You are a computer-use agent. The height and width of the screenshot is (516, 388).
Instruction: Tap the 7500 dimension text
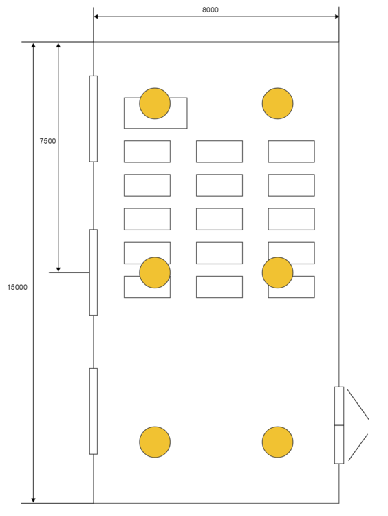pos(47,141)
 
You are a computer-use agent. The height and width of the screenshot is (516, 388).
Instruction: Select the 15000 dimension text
pos(17,287)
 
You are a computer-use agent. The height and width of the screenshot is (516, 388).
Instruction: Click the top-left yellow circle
pos(155,103)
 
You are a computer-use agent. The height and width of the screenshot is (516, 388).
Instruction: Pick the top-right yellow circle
pos(278,103)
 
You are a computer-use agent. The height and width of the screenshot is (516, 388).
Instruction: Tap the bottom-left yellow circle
pos(155,442)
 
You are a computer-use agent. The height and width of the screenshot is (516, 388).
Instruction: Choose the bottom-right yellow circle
pos(278,442)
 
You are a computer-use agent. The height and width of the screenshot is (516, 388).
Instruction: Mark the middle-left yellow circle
pos(155,272)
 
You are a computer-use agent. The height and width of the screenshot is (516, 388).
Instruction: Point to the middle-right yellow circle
pos(278,272)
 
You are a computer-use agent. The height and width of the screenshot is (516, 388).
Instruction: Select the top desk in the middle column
pos(219,151)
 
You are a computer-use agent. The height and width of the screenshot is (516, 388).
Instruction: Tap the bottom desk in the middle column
pos(219,287)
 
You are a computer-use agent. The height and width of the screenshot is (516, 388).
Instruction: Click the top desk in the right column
pos(291,151)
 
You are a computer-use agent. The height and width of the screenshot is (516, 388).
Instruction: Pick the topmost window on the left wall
pos(94,118)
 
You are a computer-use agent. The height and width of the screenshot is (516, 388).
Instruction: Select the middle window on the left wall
pos(94,272)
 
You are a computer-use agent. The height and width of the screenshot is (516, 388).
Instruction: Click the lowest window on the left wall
pos(94,411)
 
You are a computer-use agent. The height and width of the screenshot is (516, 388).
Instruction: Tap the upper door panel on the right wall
pos(339,406)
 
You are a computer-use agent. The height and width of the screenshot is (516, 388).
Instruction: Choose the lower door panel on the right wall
pos(339,444)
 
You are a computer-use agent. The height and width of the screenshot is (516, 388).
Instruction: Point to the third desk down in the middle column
pos(219,219)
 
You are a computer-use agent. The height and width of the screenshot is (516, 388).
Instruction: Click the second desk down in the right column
pos(291,185)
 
